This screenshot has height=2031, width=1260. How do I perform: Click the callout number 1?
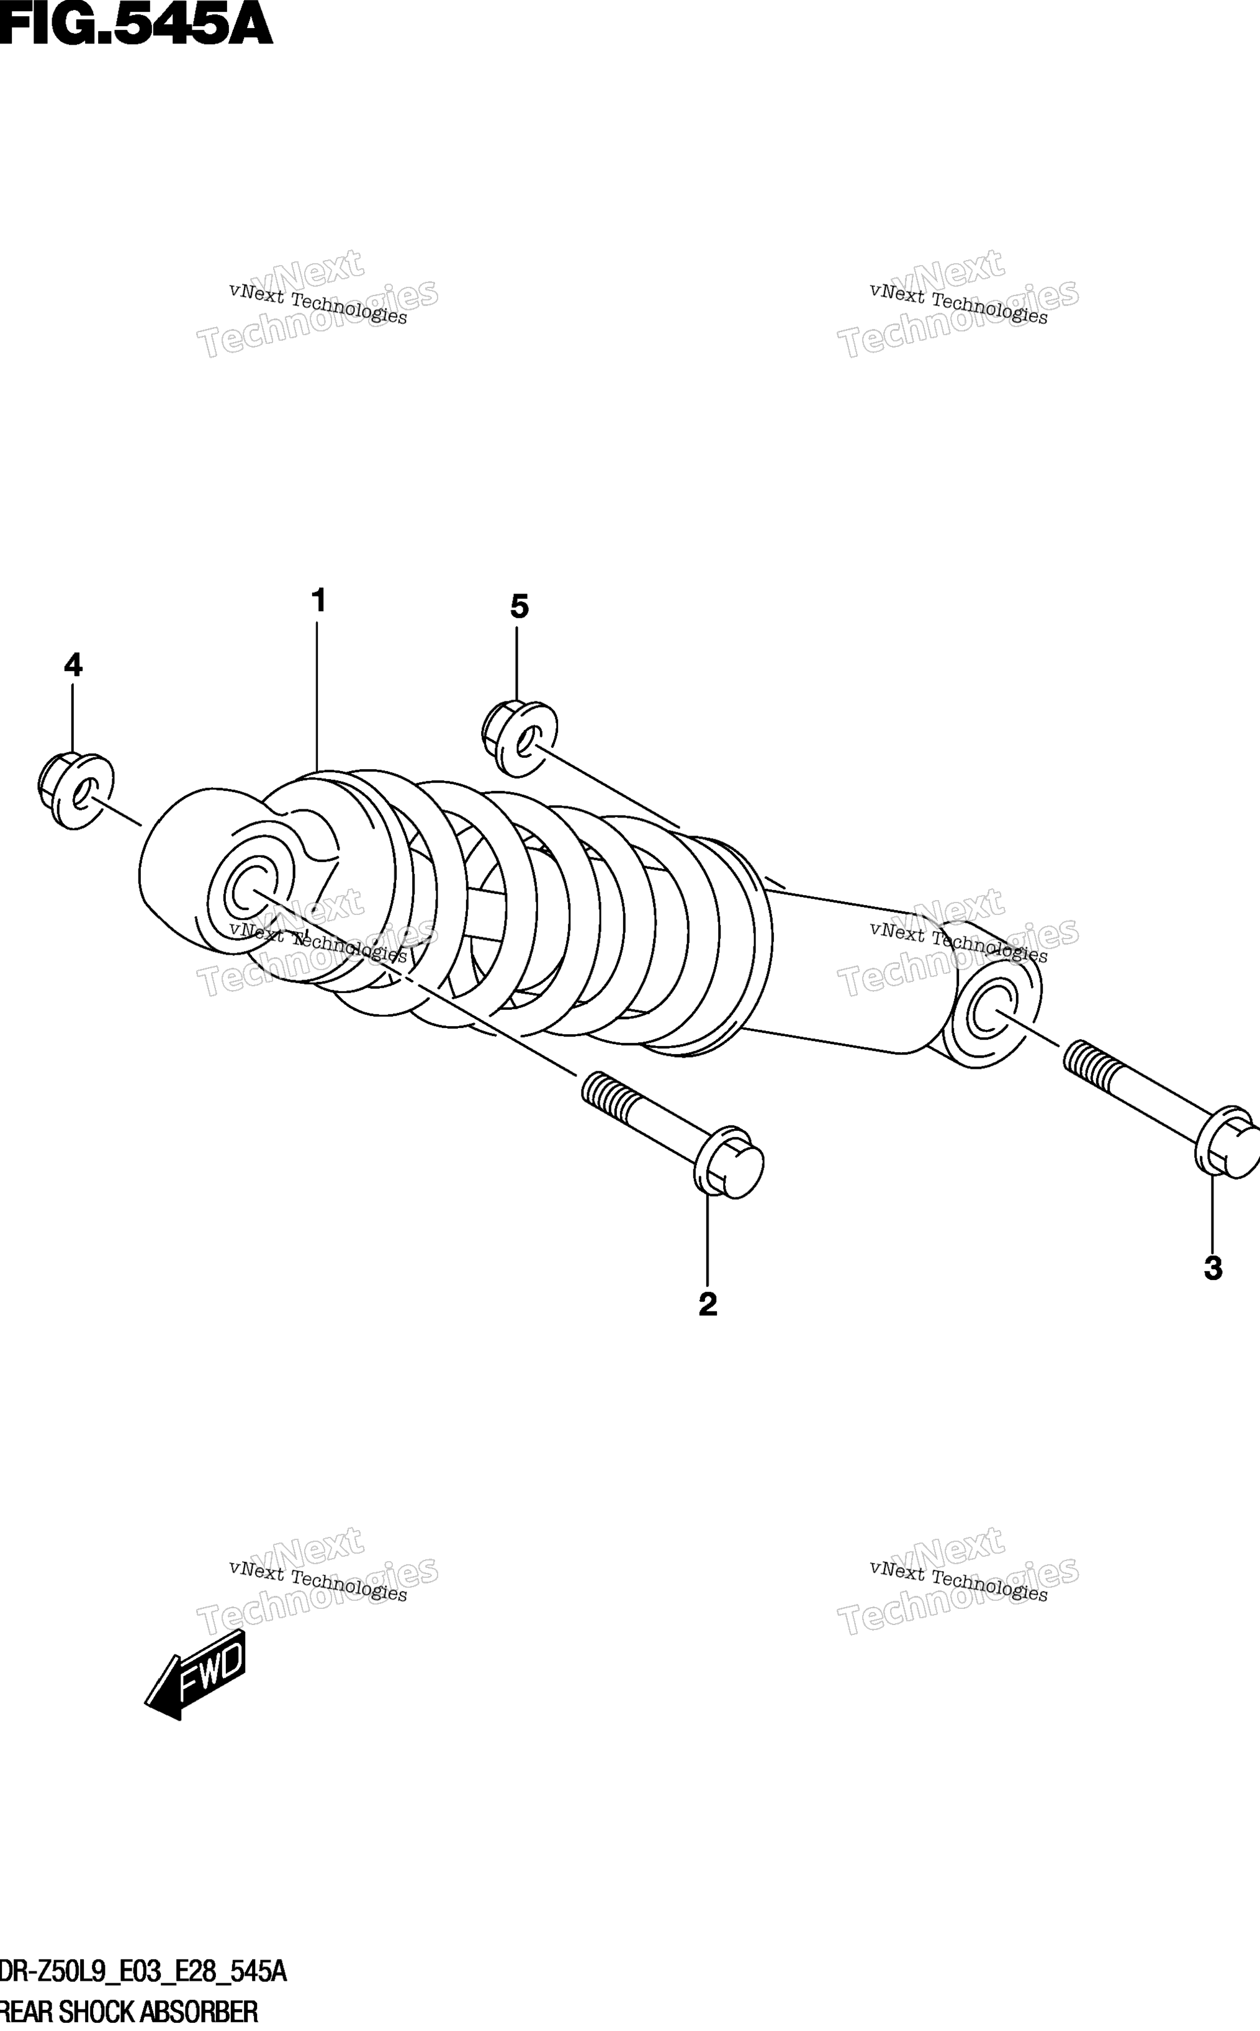pyautogui.click(x=318, y=600)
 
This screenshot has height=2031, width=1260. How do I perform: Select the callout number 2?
pyautogui.click(x=708, y=1304)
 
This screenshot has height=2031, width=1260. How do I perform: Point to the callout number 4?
pyautogui.click(x=73, y=665)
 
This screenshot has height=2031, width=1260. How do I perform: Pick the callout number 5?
pyautogui.click(x=519, y=606)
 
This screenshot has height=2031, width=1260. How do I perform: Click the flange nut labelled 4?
pyautogui.click(x=76, y=790)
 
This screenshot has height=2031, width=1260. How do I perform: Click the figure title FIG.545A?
pyautogui.click(x=136, y=25)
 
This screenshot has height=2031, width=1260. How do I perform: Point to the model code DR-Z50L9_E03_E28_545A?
pyautogui.click(x=143, y=1967)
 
